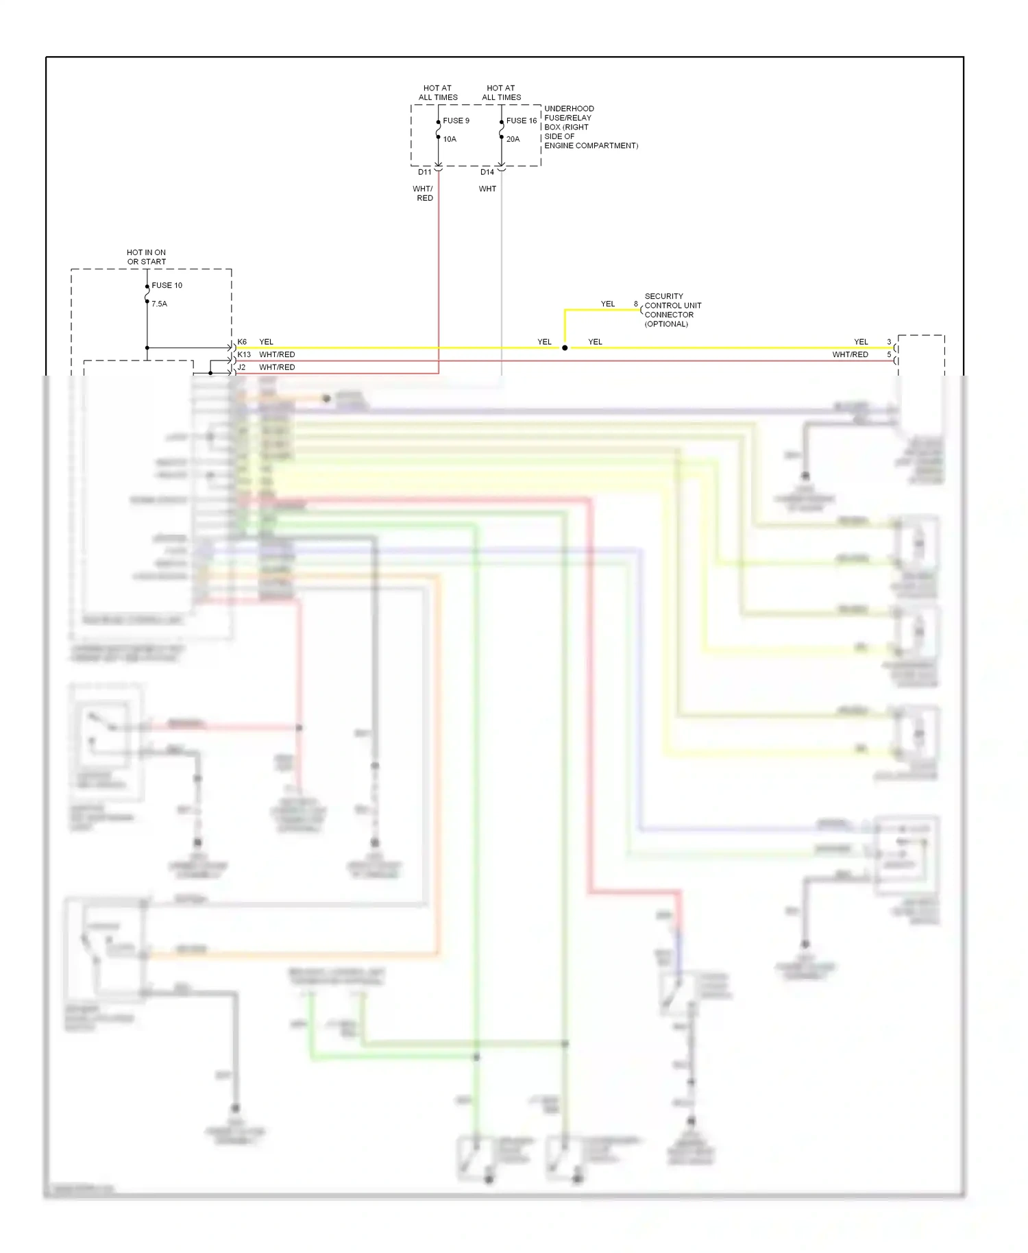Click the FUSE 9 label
456,121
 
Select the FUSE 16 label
521,121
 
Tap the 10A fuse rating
450,139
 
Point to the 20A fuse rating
513,139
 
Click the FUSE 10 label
167,285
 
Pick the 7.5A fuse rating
159,304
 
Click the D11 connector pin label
425,172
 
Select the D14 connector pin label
487,172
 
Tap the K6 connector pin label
242,342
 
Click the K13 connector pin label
244,355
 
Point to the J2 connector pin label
241,367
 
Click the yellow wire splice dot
565,348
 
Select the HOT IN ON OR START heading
146,257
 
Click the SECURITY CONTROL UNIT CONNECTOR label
672,310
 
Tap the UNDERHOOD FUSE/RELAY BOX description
590,127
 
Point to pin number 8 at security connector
636,304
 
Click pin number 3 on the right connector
889,342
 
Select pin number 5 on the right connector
889,355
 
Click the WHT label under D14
487,189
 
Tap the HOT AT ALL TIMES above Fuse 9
438,93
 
